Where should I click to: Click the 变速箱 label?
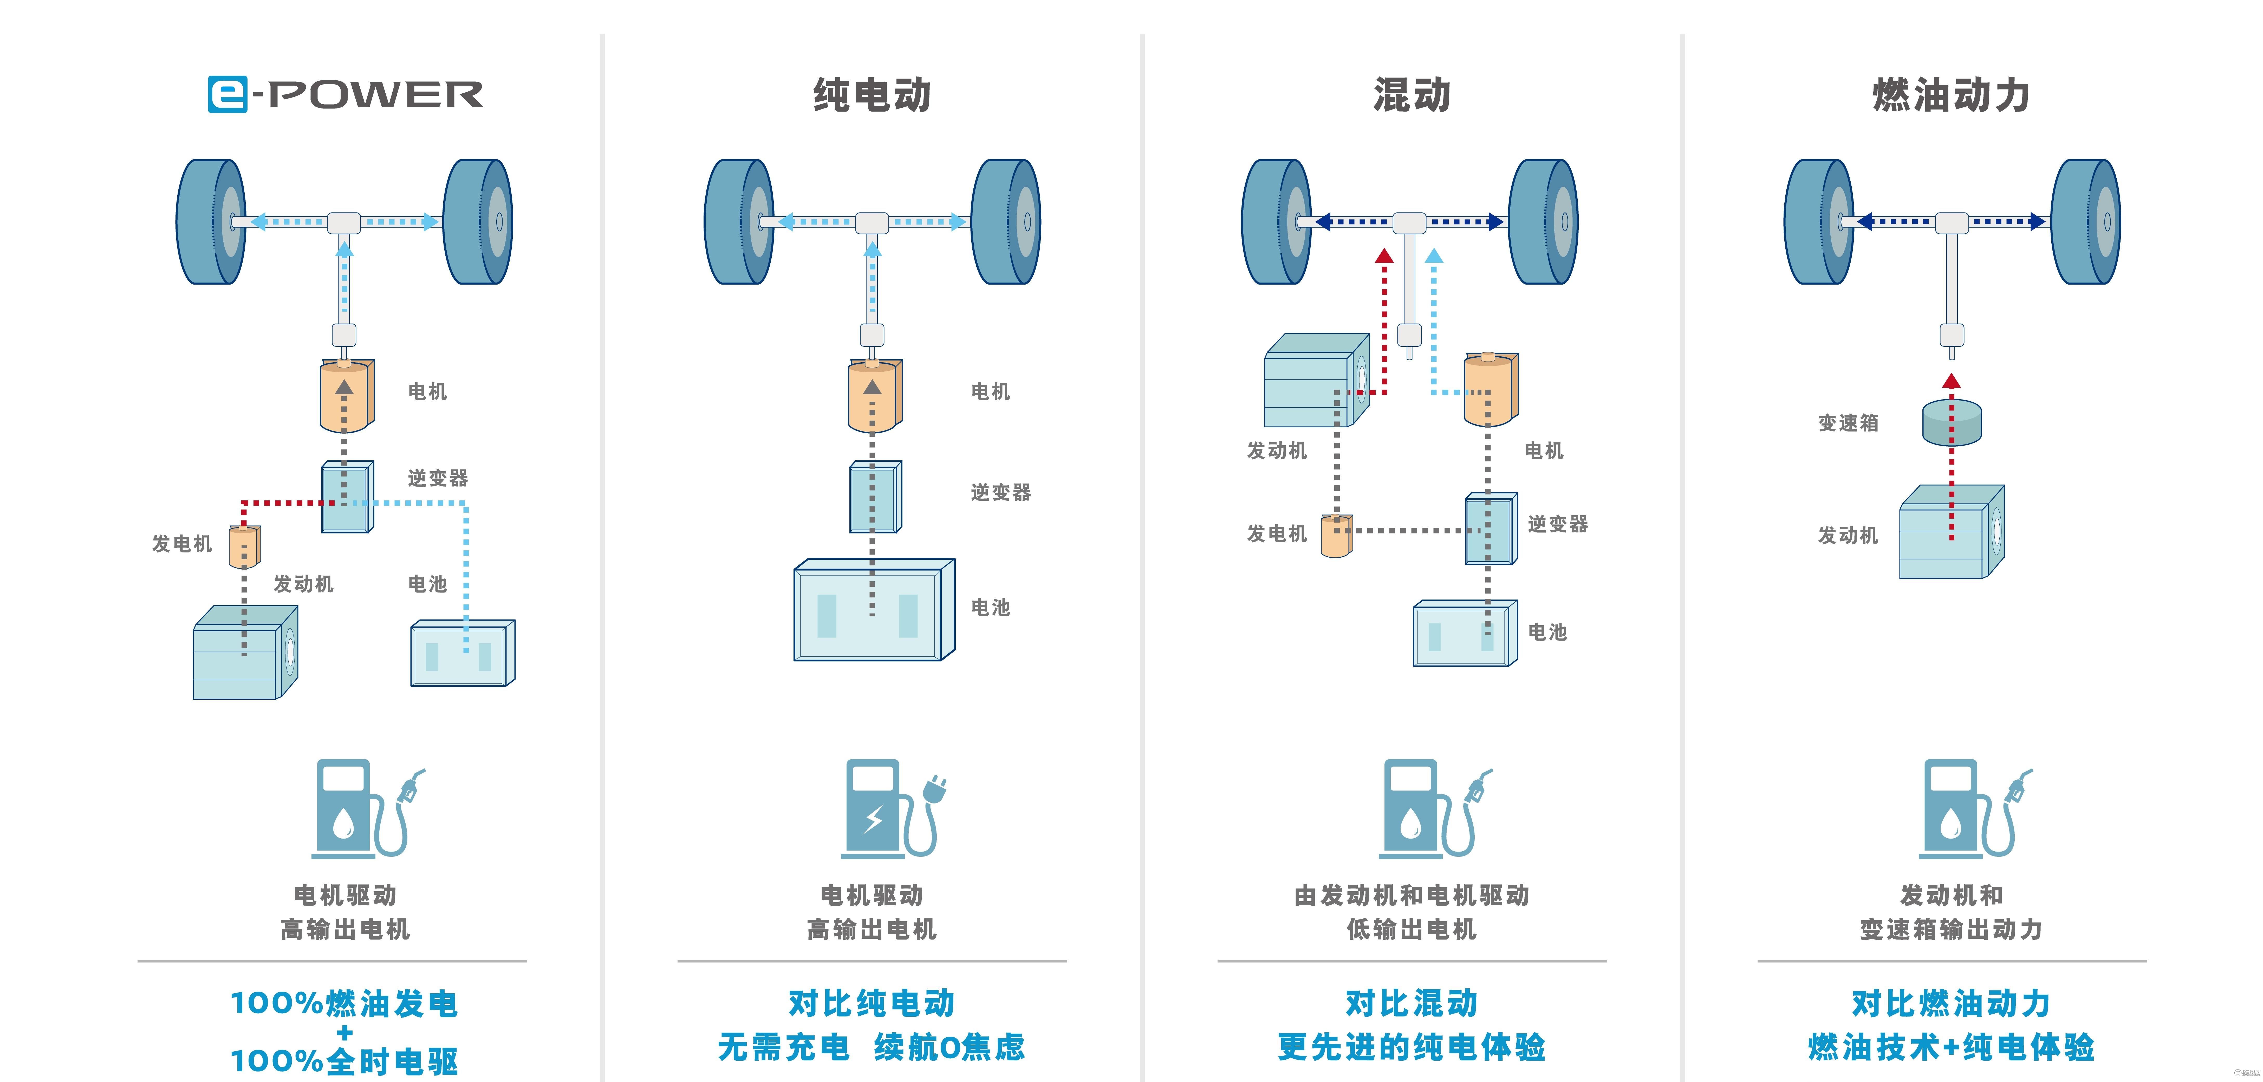point(1848,423)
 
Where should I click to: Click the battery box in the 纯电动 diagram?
point(874,609)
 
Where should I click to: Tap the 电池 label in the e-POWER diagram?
point(428,584)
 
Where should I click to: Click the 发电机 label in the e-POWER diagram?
point(182,543)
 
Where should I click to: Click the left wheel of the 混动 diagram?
point(1276,222)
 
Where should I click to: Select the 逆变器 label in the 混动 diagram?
point(1558,524)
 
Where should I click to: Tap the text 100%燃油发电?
point(344,1003)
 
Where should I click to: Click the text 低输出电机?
point(1412,929)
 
